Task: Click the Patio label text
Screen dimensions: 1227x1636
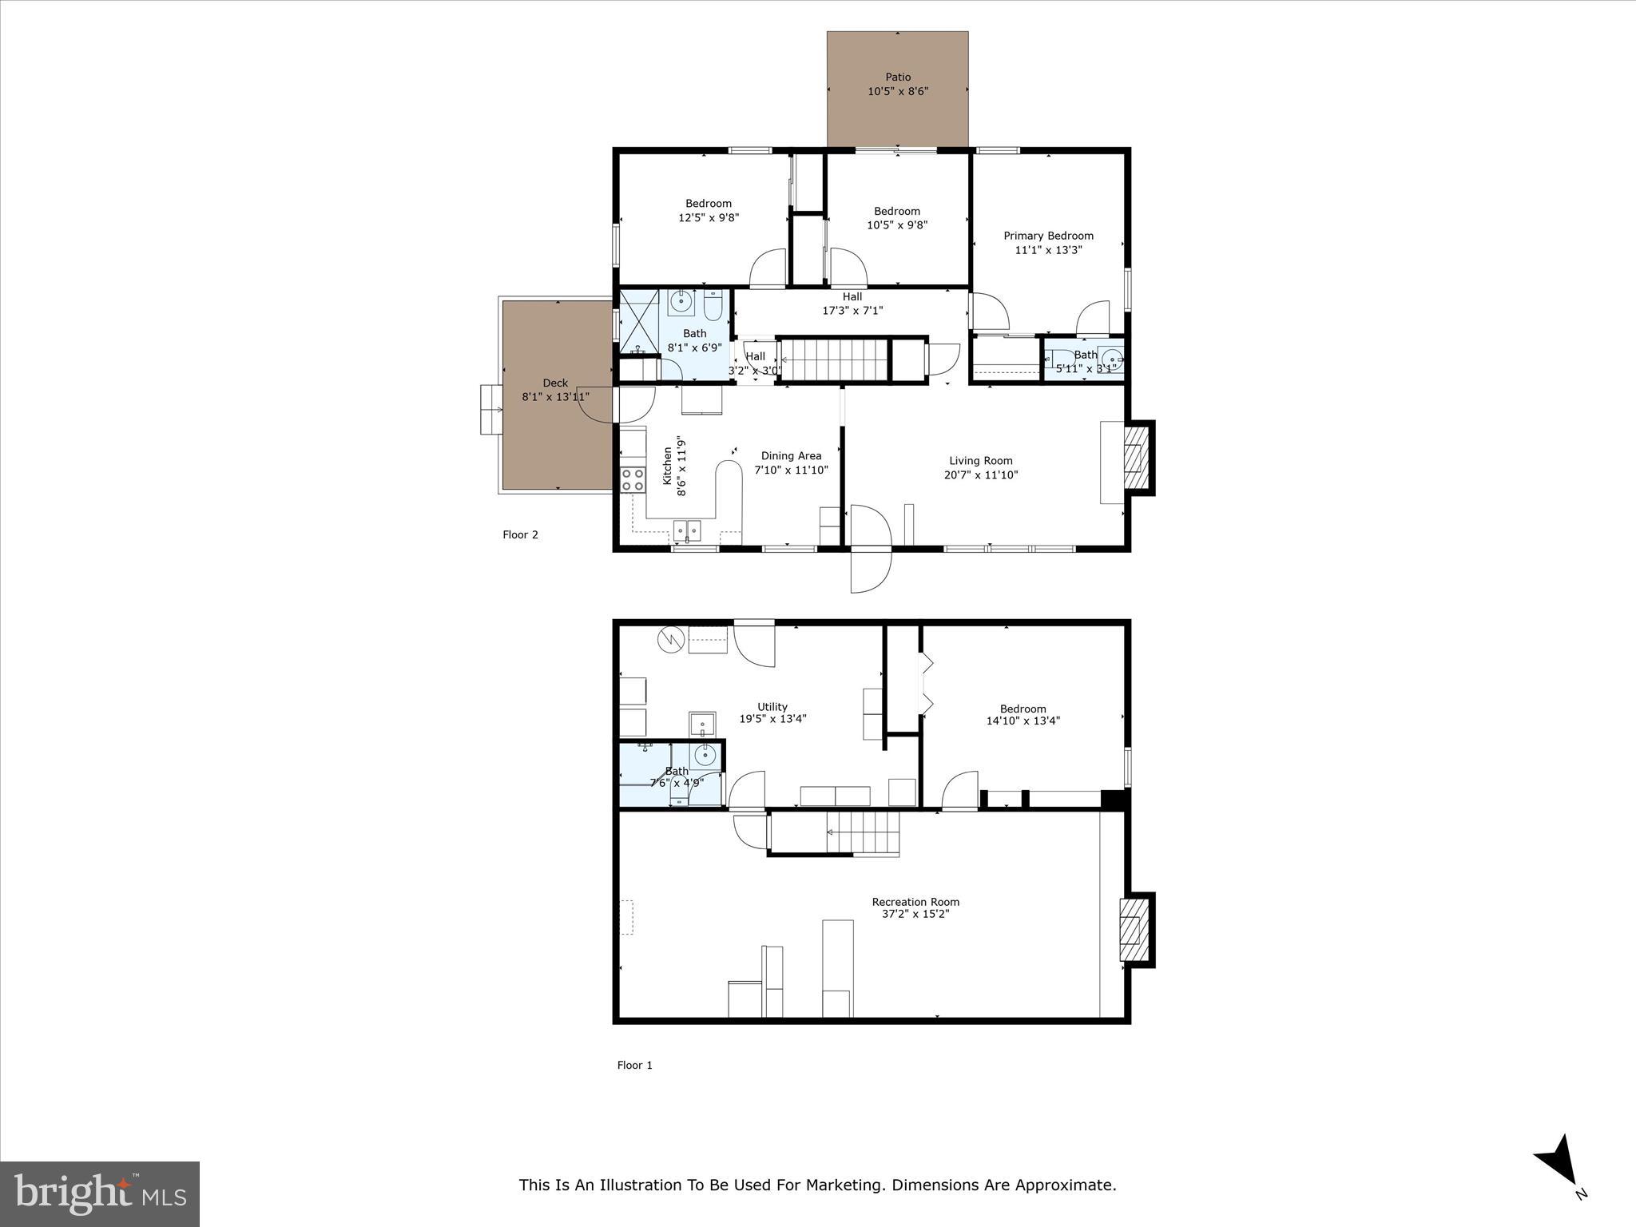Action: pyautogui.click(x=898, y=77)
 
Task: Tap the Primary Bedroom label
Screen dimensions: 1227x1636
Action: pyautogui.click(x=1048, y=236)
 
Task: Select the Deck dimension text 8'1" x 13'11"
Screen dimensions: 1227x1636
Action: pyautogui.click(x=555, y=396)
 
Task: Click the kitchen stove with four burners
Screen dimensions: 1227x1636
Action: pyautogui.click(x=633, y=479)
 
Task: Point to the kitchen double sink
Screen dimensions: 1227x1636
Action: pyautogui.click(x=686, y=530)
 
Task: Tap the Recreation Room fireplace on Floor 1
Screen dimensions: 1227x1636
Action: pyautogui.click(x=1134, y=930)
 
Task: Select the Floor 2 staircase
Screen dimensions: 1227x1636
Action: pyautogui.click(x=835, y=359)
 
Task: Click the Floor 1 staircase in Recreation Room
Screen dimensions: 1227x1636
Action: pyautogui.click(x=835, y=832)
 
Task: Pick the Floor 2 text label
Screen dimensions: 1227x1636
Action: pyautogui.click(x=520, y=534)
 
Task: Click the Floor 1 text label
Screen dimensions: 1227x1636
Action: pyautogui.click(x=634, y=1065)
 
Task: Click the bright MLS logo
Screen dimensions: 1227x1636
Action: pyautogui.click(x=100, y=1193)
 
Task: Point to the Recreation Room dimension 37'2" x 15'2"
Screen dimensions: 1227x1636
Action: pyautogui.click(x=915, y=914)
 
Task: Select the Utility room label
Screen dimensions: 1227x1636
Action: pyautogui.click(x=772, y=707)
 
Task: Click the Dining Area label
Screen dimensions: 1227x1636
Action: pyautogui.click(x=791, y=456)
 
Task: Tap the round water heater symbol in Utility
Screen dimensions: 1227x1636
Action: pyautogui.click(x=669, y=639)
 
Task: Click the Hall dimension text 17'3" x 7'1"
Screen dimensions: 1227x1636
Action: pyautogui.click(x=852, y=311)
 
